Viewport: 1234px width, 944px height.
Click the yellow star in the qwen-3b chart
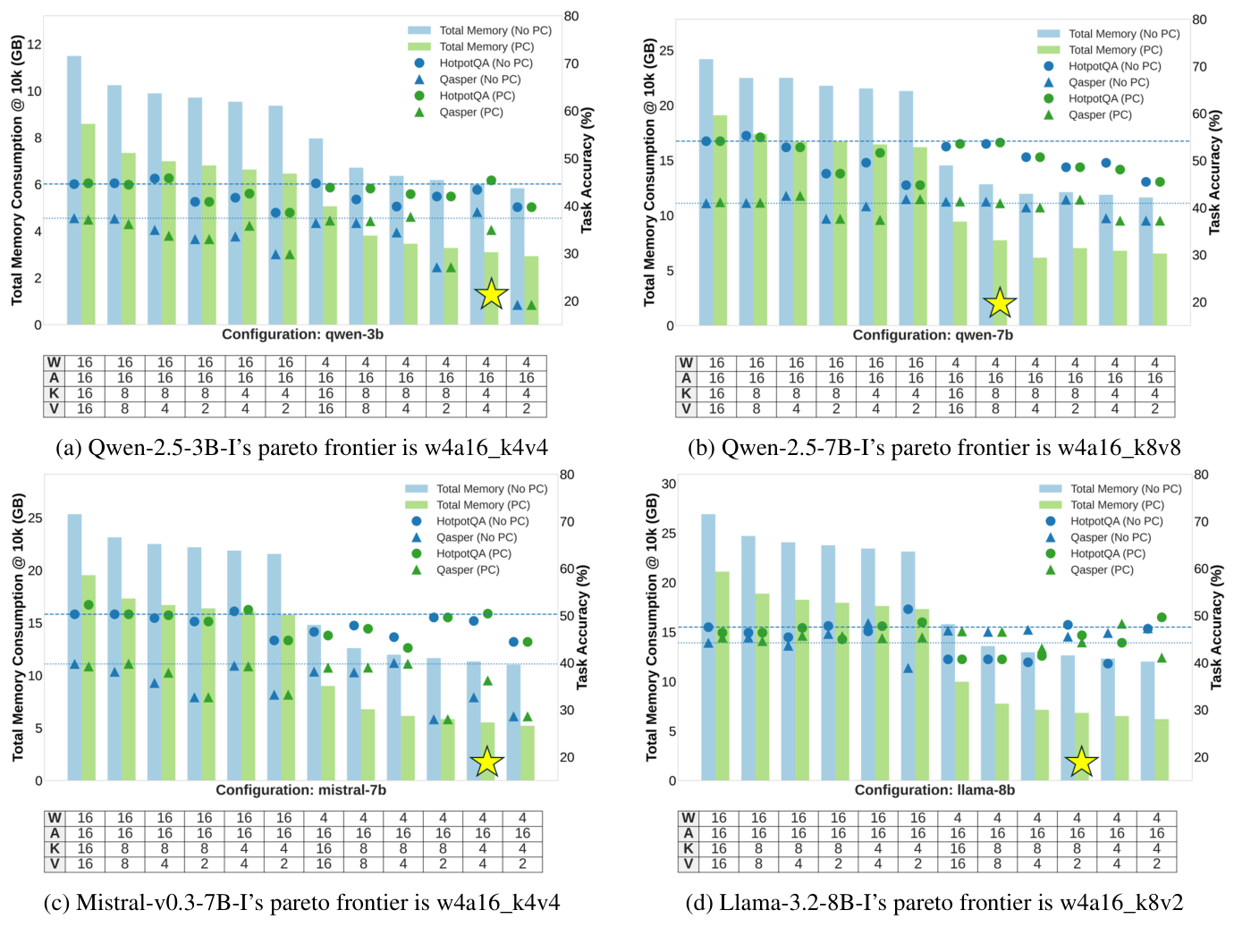coord(491,293)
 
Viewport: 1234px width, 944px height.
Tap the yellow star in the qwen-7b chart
coord(1000,303)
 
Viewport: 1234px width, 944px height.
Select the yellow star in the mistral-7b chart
coord(486,762)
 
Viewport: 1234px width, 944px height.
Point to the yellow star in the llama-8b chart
coord(1081,762)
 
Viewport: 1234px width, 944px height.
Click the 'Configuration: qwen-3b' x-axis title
coord(302,334)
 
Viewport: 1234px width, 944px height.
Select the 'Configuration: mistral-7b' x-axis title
coord(300,790)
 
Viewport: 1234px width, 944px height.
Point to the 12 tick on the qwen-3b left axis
coord(35,45)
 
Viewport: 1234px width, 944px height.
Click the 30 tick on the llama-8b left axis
coord(668,484)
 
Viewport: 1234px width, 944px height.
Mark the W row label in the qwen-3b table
coord(55,363)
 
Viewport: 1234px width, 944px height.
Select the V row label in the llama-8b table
coord(688,864)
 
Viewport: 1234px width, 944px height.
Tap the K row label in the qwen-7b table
coord(686,393)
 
